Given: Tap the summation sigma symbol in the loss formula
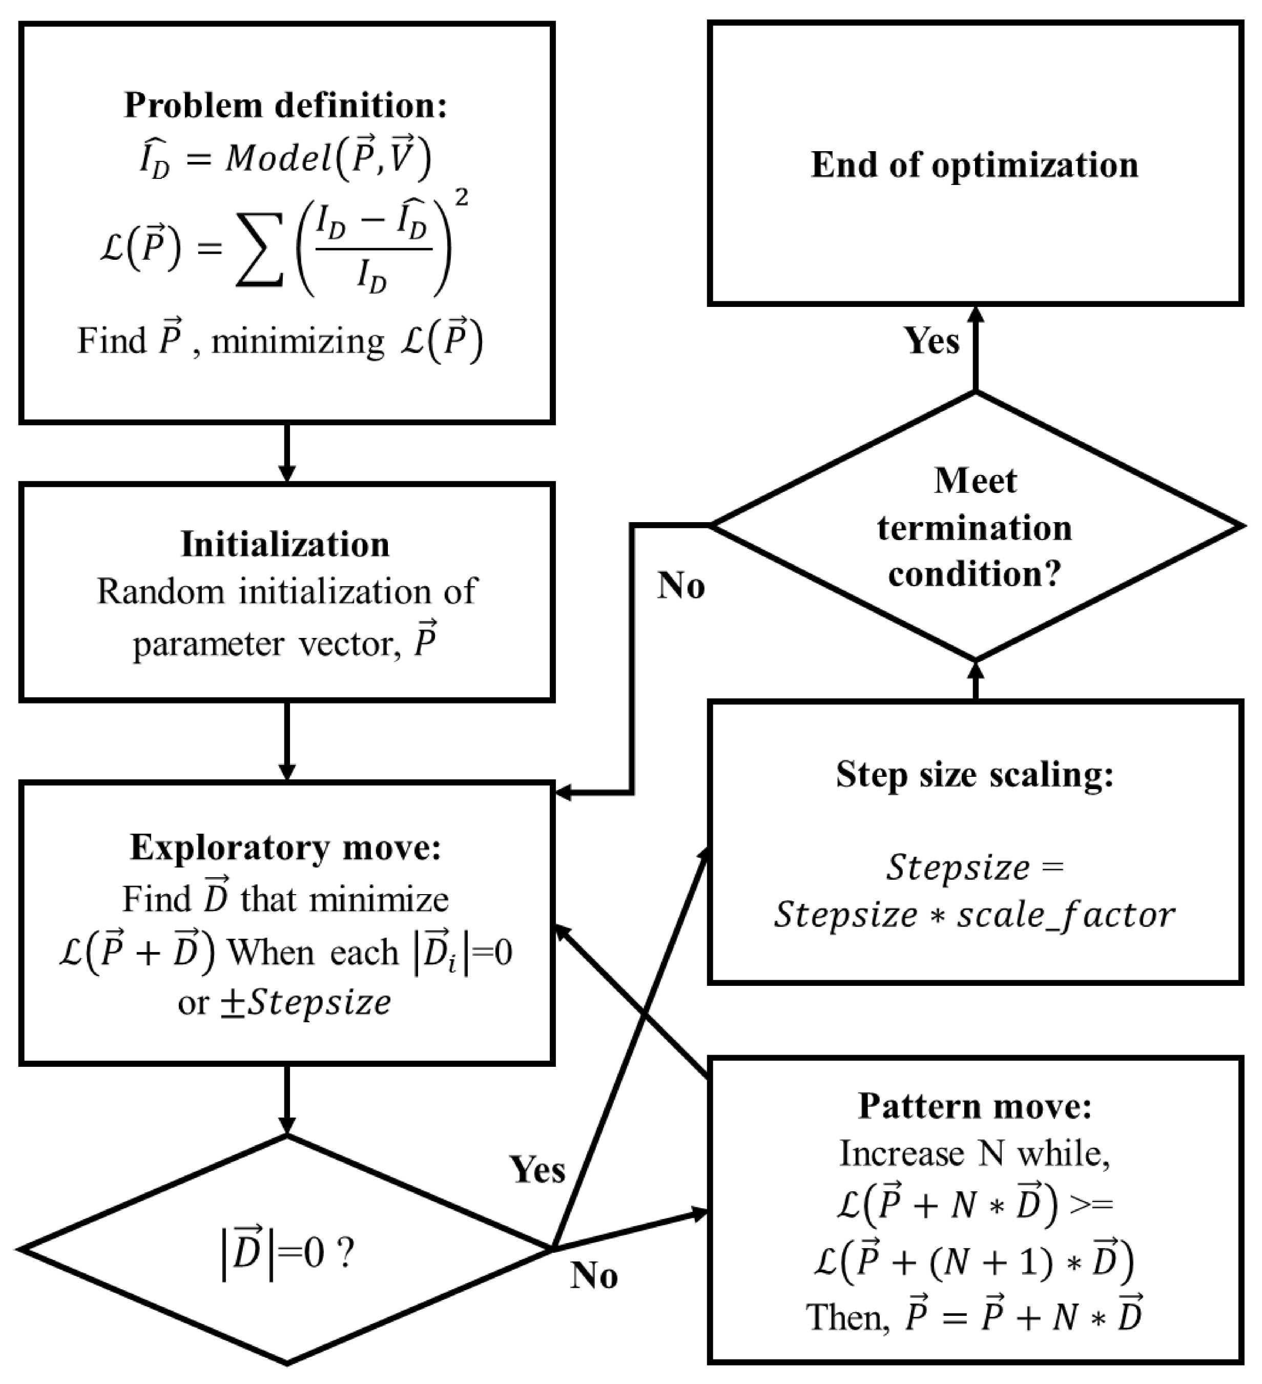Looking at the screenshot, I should tap(260, 249).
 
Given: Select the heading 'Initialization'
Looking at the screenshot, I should tap(285, 544).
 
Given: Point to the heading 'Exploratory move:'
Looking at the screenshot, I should tap(285, 848).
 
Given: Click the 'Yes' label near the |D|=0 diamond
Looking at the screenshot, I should tap(537, 1169).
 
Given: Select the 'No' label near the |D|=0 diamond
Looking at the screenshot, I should tap(594, 1275).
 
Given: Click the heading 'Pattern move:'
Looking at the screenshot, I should tap(975, 1106).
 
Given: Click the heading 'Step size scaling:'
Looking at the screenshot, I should tap(975, 774).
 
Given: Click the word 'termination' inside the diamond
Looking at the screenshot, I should tap(975, 528).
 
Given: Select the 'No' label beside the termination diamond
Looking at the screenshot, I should tap(680, 586).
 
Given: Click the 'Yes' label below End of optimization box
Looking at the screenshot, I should tap(931, 341).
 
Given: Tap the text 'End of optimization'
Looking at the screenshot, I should tap(975, 165).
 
